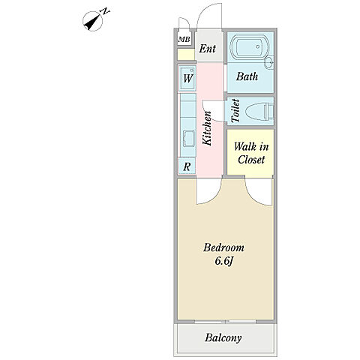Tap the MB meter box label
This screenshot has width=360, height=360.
click(x=184, y=40)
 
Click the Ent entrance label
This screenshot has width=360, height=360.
click(x=207, y=49)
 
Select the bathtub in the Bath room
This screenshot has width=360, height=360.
click(x=249, y=46)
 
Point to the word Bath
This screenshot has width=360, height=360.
click(x=247, y=76)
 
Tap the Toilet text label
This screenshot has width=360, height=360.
click(x=235, y=111)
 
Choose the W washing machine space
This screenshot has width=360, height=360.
click(x=187, y=79)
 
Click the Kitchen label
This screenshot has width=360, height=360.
click(x=207, y=128)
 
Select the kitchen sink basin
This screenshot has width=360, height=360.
click(x=189, y=139)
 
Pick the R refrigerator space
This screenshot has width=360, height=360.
click(x=187, y=166)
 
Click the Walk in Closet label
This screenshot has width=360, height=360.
click(x=251, y=153)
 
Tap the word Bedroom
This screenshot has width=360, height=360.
click(x=223, y=247)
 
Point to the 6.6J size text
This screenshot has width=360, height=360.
click(x=224, y=261)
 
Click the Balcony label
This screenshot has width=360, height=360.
click(x=223, y=337)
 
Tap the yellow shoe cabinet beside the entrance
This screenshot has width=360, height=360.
click(x=186, y=55)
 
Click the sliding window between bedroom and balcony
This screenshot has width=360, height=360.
click(x=226, y=322)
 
